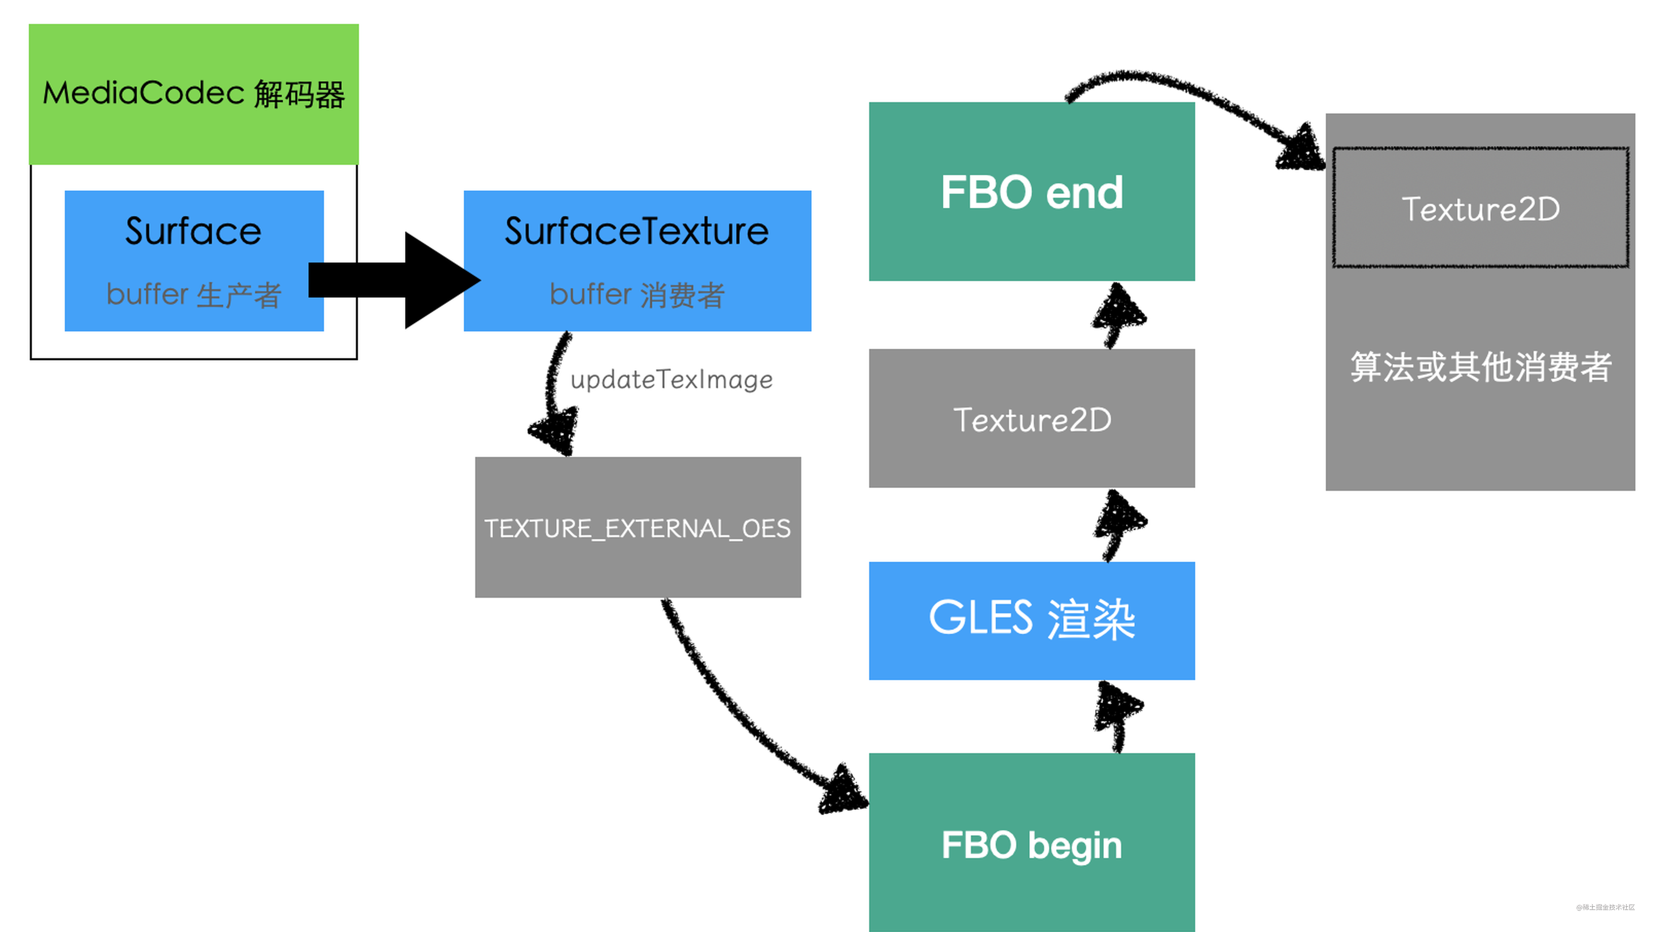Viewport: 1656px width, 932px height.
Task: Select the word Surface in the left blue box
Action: [193, 231]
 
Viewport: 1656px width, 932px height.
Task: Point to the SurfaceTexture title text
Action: [636, 231]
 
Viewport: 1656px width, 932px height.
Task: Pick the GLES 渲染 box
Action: [1031, 620]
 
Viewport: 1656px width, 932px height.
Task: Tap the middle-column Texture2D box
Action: [1031, 419]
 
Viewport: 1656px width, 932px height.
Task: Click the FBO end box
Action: [1031, 192]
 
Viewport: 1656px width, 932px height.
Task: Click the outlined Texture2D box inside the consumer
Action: [1480, 208]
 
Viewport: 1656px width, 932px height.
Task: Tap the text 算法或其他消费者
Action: [1480, 367]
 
